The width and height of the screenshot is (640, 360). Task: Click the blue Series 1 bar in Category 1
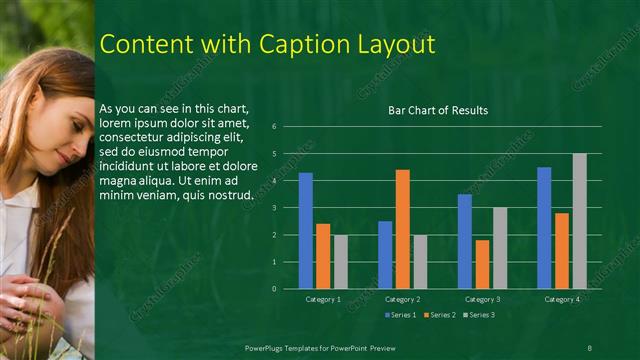[x=305, y=231]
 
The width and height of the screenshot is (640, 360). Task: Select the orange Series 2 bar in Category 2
[x=402, y=229]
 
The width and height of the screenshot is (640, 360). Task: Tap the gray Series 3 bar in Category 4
[x=579, y=221]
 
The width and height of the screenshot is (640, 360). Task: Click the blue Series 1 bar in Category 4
[x=544, y=228]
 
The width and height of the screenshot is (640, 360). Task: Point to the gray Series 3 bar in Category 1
[x=341, y=262]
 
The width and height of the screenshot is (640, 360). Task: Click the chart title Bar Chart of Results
[x=438, y=110]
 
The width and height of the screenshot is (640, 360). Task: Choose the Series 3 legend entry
[x=480, y=315]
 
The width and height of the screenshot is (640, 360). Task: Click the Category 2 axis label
[x=402, y=299]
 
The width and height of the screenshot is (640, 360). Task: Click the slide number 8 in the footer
[x=589, y=347]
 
